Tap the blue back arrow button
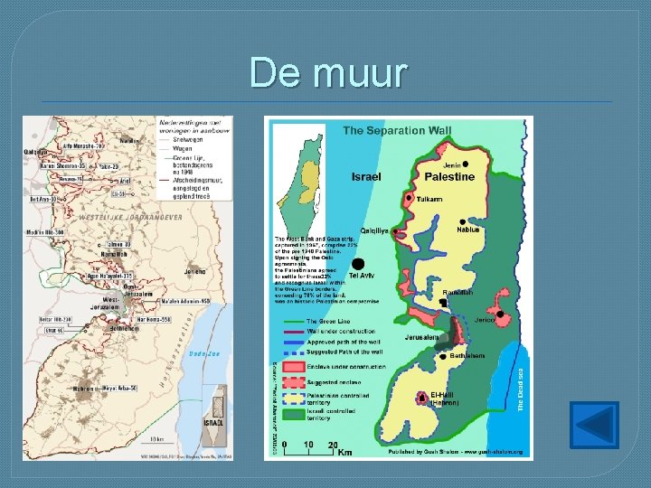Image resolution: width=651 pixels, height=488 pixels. coord(595,426)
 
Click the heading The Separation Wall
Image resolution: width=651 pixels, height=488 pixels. coord(397,131)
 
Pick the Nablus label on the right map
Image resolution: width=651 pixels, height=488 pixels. coord(469,230)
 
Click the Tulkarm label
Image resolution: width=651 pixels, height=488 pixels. coord(429,199)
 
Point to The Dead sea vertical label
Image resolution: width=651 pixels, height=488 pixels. coord(522,389)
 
